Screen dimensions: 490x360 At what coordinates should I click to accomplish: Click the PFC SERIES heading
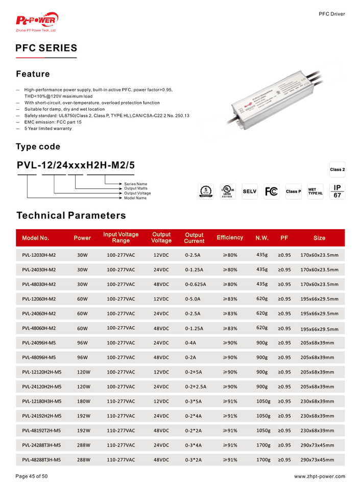click(x=46, y=48)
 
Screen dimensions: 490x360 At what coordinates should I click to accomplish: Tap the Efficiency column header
click(x=229, y=237)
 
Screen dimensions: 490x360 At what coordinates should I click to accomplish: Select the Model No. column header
click(x=36, y=238)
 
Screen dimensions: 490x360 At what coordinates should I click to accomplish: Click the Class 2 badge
click(x=337, y=169)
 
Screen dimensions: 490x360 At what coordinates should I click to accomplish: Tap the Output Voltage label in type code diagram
click(x=137, y=193)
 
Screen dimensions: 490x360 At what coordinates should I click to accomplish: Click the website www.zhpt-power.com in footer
click(x=320, y=477)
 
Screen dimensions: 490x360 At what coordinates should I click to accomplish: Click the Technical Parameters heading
click(x=71, y=215)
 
